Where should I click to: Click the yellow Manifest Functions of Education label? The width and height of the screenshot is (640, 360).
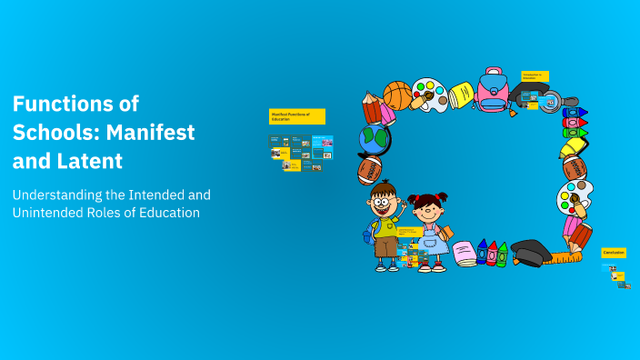point(296,116)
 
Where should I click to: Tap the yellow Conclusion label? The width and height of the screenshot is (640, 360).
point(614,253)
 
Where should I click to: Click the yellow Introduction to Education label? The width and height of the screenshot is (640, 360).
point(535,76)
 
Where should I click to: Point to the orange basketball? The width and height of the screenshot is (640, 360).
point(397,95)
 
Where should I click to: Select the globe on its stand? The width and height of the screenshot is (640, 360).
point(374,140)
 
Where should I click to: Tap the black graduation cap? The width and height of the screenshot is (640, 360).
point(528,252)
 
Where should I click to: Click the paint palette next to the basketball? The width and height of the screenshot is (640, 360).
point(429,94)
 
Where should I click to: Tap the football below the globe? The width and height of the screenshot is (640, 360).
point(371,170)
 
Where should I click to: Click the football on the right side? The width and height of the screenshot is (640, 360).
point(575,167)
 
